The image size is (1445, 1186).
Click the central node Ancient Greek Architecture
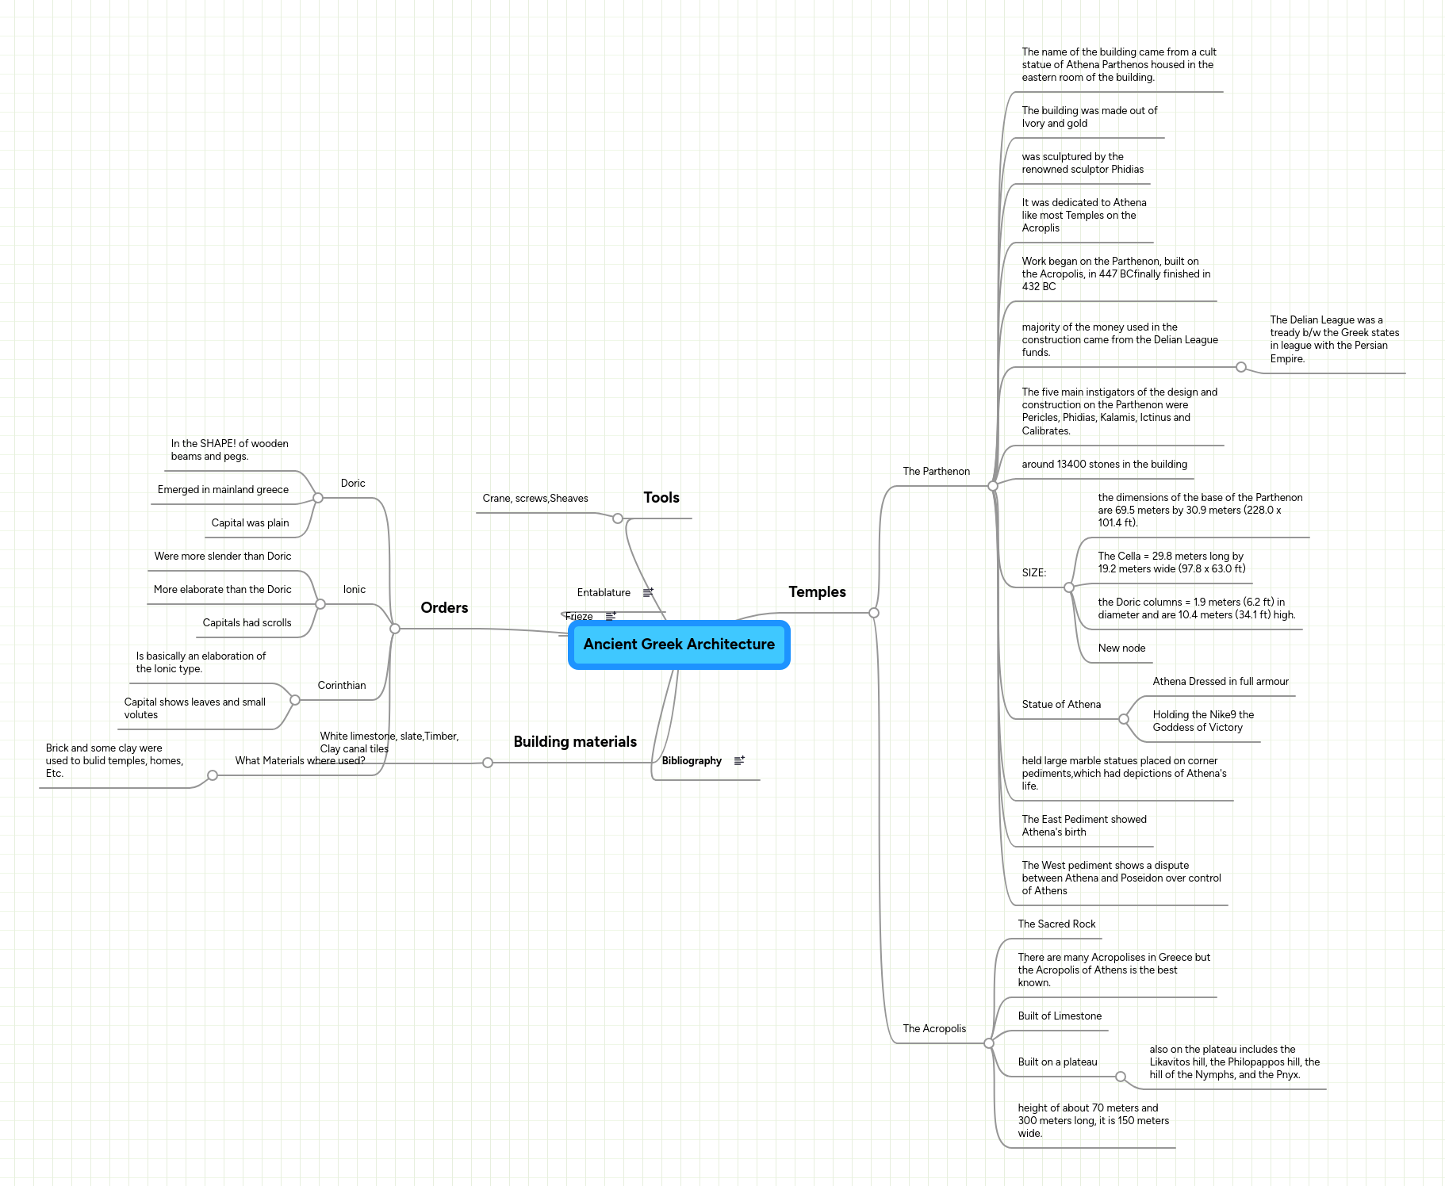[x=679, y=645]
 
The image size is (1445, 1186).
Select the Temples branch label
[x=817, y=592]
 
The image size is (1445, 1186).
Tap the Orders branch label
[x=444, y=608]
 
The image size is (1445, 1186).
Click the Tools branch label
[x=661, y=498]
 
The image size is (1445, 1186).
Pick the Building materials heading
[x=575, y=742]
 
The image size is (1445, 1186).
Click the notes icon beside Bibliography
[x=739, y=761]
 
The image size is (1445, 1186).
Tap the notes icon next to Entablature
[x=648, y=593]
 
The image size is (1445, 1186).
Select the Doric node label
[x=353, y=484]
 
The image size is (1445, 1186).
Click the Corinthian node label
[x=342, y=686]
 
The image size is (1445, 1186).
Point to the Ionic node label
[x=355, y=590]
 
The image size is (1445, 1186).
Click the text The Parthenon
[x=936, y=472]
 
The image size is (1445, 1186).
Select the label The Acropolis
[x=934, y=1029]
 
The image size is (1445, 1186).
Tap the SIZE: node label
[x=1033, y=573]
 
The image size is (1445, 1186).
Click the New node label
[x=1121, y=648]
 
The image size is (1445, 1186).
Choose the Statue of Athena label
[x=1061, y=705]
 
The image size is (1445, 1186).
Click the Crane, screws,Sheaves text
[x=535, y=499]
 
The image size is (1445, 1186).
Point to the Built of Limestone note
[x=1060, y=1016]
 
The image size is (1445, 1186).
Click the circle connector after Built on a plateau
[x=1121, y=1077]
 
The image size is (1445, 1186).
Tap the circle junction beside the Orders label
[x=395, y=629]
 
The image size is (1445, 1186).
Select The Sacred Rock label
[x=1056, y=924]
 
